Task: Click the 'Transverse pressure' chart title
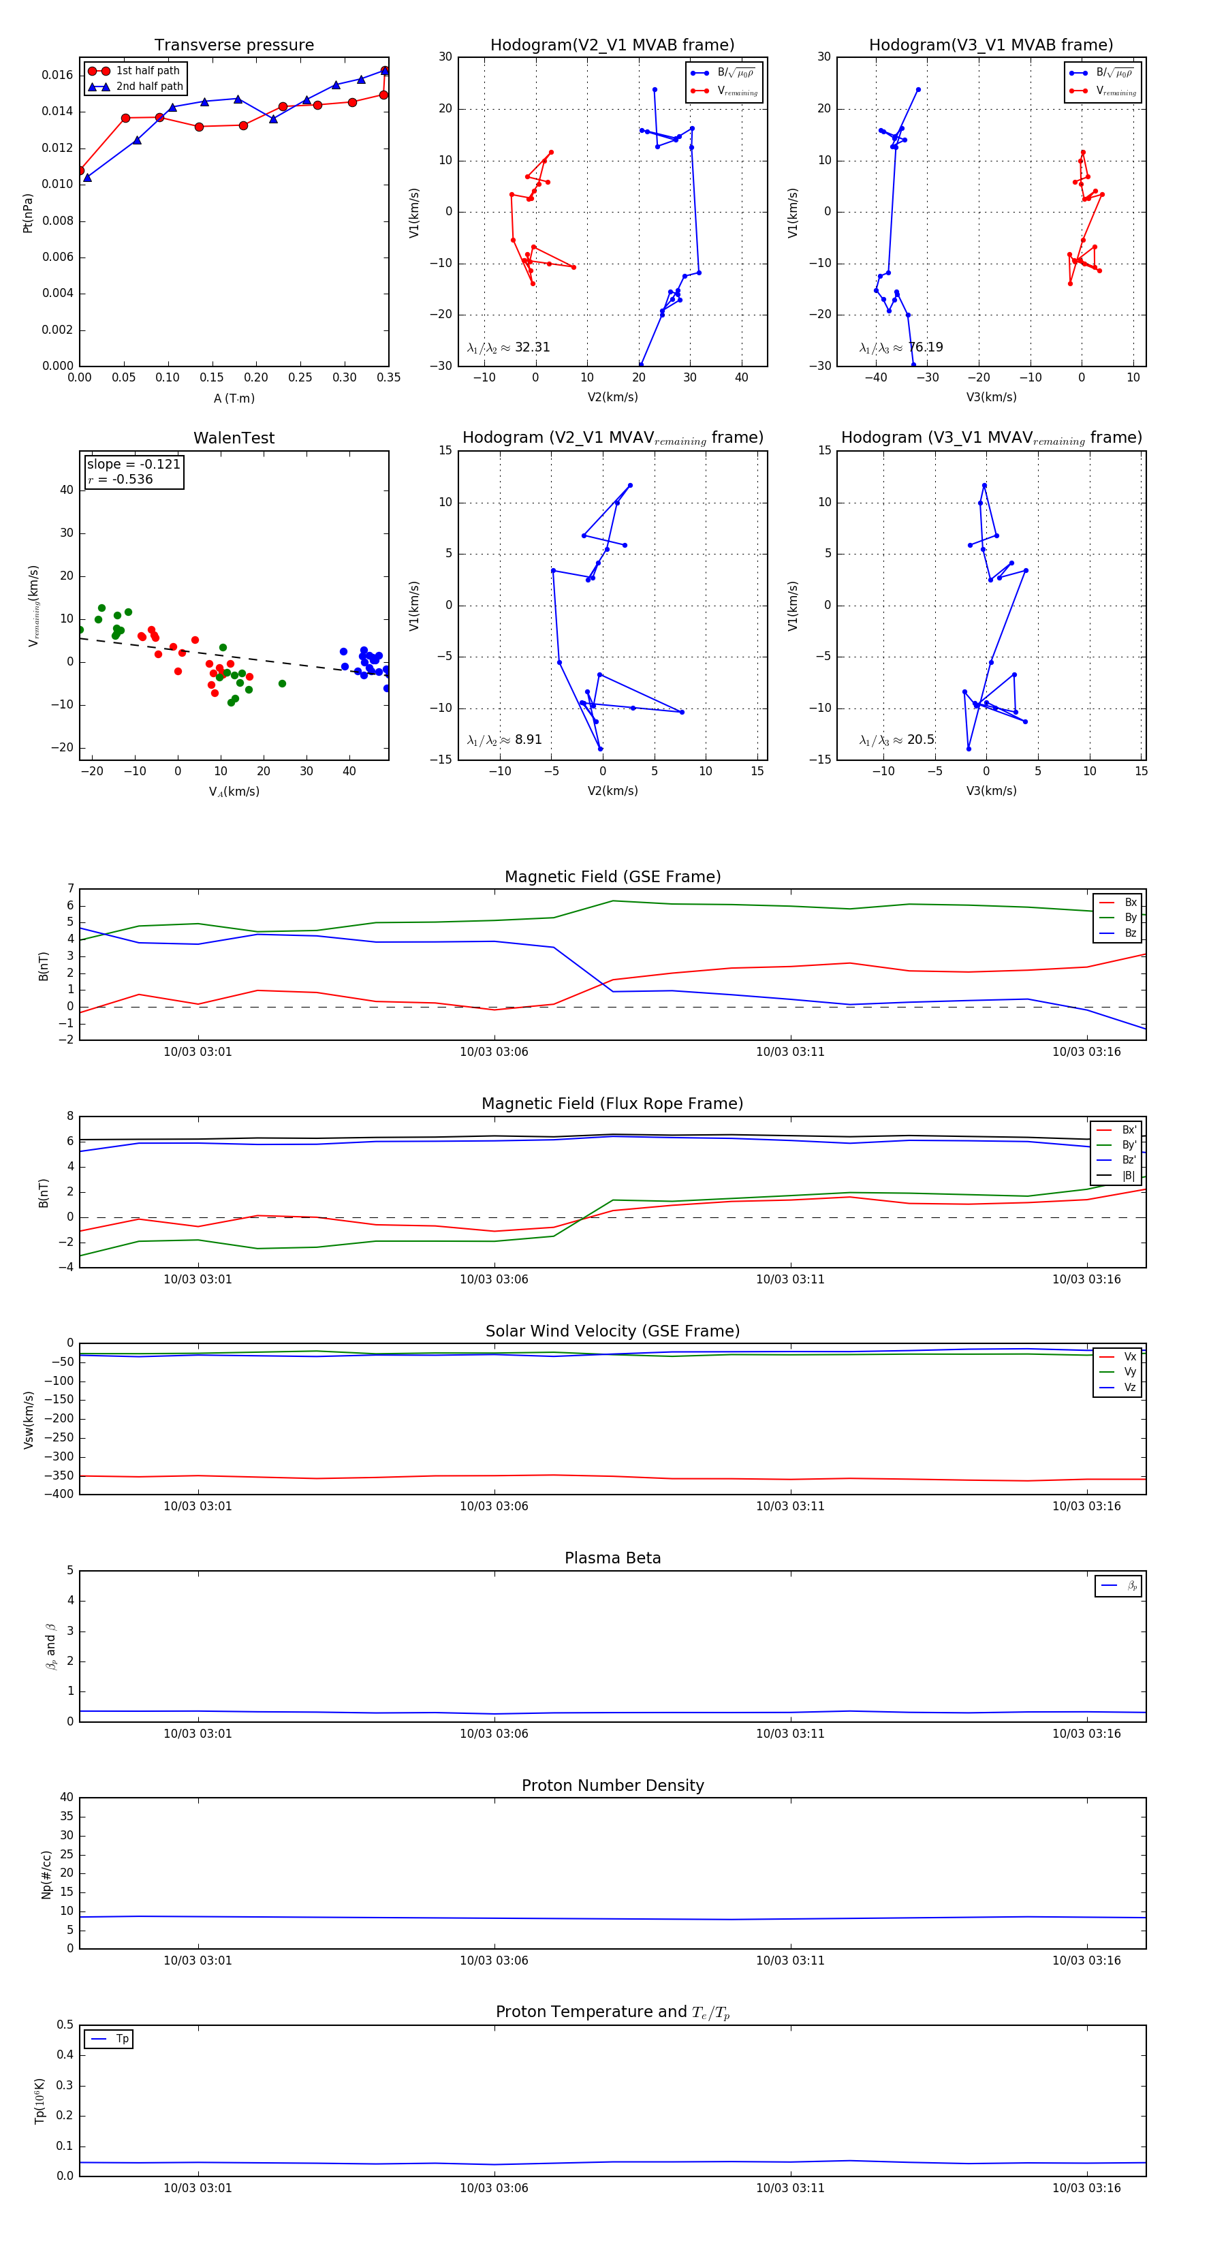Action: pyautogui.click(x=234, y=46)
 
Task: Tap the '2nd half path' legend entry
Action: pyautogui.click(x=149, y=87)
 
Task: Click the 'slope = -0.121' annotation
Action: pyautogui.click(x=133, y=465)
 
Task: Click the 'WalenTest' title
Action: pyautogui.click(x=234, y=438)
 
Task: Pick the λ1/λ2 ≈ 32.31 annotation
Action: pyautogui.click(x=508, y=347)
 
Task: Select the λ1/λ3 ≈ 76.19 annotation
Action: pyautogui.click(x=900, y=347)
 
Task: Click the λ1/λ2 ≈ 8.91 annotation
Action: pyautogui.click(x=504, y=740)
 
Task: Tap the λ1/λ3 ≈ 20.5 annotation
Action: pyautogui.click(x=897, y=740)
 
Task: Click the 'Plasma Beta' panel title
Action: pyautogui.click(x=612, y=1559)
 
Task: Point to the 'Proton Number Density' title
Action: pyautogui.click(x=612, y=1785)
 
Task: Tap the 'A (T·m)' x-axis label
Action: pyautogui.click(x=234, y=399)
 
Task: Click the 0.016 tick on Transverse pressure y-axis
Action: pyautogui.click(x=58, y=75)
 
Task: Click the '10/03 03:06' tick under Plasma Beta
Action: pyautogui.click(x=494, y=1734)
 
